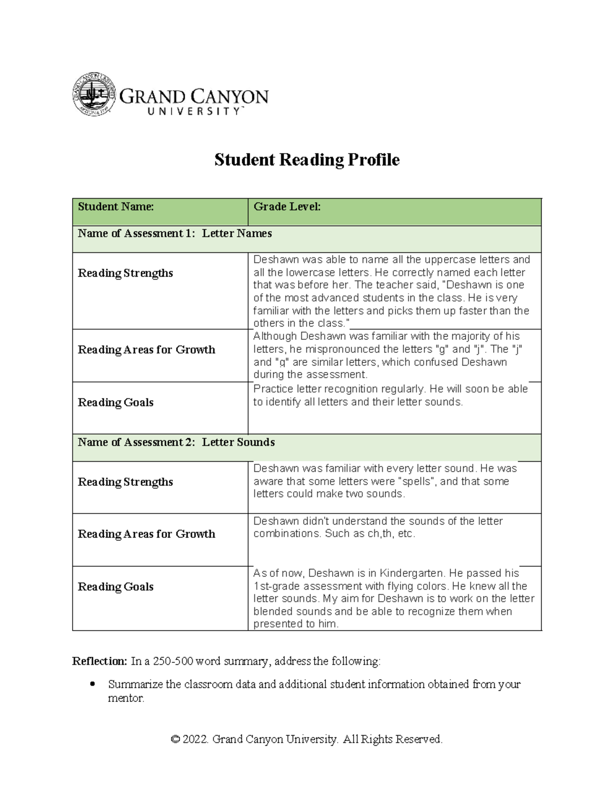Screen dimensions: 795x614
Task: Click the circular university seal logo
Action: [x=94, y=94]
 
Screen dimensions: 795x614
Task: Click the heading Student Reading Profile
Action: [x=306, y=160]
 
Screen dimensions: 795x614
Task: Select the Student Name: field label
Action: [x=116, y=207]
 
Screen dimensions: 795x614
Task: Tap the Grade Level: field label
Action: [x=287, y=207]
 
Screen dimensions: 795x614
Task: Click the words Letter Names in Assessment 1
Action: [x=237, y=233]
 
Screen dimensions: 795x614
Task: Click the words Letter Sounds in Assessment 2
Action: [x=238, y=442]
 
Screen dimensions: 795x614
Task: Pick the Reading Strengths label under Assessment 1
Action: [x=125, y=273]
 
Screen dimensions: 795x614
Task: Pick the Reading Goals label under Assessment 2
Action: [x=116, y=587]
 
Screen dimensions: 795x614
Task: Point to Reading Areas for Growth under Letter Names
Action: [x=146, y=350]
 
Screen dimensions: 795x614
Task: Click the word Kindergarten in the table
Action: [x=411, y=573]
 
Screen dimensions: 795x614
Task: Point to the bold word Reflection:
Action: [x=99, y=661]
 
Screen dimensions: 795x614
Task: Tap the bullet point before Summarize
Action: [x=93, y=684]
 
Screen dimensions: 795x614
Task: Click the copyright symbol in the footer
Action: [x=176, y=739]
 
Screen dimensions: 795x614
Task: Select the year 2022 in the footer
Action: [x=195, y=739]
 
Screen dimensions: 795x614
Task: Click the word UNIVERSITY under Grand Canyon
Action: [x=193, y=112]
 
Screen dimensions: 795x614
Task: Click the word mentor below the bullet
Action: [x=126, y=698]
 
